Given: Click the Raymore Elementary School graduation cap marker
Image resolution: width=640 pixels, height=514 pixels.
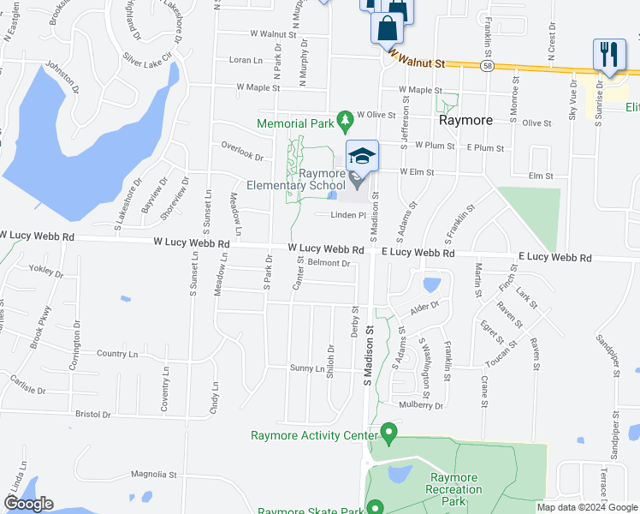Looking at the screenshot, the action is (363, 155).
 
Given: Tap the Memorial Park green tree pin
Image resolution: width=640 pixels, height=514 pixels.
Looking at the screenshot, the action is (345, 122).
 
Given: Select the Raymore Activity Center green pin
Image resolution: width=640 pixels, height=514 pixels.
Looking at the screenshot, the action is (388, 433).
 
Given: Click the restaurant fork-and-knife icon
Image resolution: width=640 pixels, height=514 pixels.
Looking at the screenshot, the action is (607, 54).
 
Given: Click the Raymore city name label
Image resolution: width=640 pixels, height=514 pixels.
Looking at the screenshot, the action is (465, 121).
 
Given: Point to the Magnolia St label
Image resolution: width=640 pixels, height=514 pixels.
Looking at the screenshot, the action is (153, 474).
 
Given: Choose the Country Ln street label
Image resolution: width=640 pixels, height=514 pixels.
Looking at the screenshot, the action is (117, 354).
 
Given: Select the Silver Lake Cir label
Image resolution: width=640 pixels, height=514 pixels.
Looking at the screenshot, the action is (147, 57).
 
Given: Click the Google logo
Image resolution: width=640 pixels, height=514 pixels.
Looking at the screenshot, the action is (27, 505).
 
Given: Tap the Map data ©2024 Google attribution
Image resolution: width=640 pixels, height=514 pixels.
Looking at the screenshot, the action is (587, 507).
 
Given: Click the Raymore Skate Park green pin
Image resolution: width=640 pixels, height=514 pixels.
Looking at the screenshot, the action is (375, 507).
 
